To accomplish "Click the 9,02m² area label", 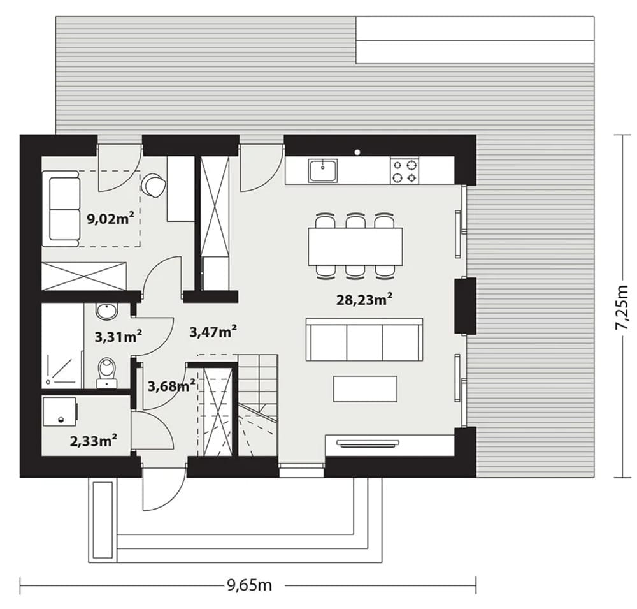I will pos(110,219).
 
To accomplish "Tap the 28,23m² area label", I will pos(364,299).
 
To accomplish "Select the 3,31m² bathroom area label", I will pos(118,336).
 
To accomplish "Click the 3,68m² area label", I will pos(171,386).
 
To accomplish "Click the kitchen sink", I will pos(324,170).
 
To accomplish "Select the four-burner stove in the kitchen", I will pos(404,171).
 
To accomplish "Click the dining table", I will pos(355,246).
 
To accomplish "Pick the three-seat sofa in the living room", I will pos(364,339).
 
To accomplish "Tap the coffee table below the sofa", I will pos(365,388).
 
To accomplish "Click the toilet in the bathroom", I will pos(106,372).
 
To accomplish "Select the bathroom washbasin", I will pos(106,311).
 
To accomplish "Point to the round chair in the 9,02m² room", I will pos(154,186).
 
